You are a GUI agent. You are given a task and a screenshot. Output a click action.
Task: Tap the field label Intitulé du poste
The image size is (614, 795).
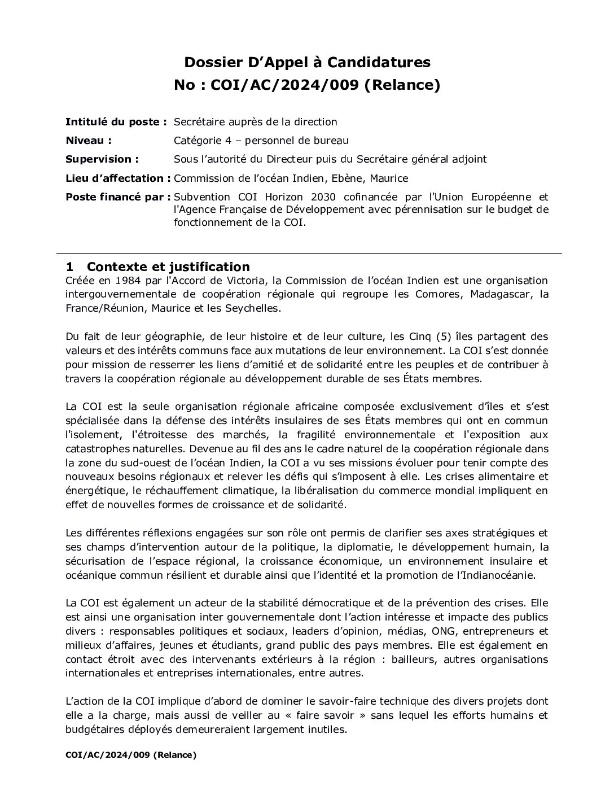[116, 122]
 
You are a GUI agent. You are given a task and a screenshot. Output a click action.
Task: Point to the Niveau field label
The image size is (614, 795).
[88, 141]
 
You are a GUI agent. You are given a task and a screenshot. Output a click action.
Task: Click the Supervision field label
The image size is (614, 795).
[102, 159]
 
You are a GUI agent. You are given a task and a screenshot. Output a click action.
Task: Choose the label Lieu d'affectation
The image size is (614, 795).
[118, 178]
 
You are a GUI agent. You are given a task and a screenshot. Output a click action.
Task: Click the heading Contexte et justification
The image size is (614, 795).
[168, 267]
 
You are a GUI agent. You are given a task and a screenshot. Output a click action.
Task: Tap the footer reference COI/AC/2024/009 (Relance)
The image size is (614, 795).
[131, 755]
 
